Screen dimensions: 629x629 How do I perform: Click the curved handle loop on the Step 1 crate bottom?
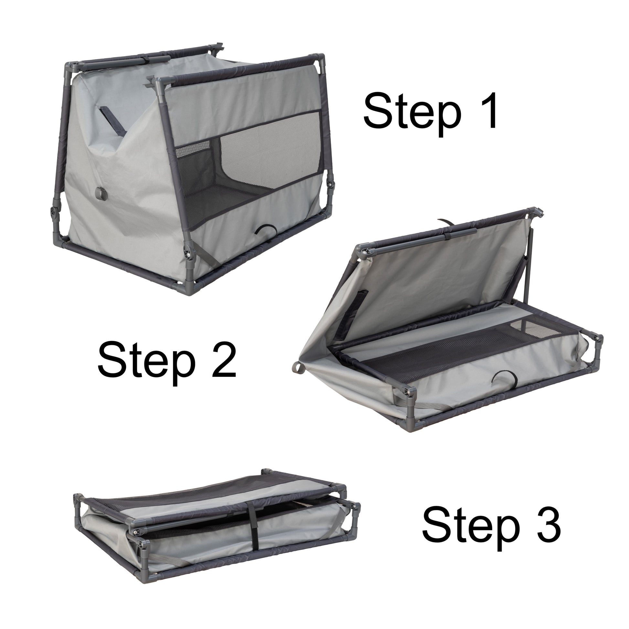click(x=264, y=231)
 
